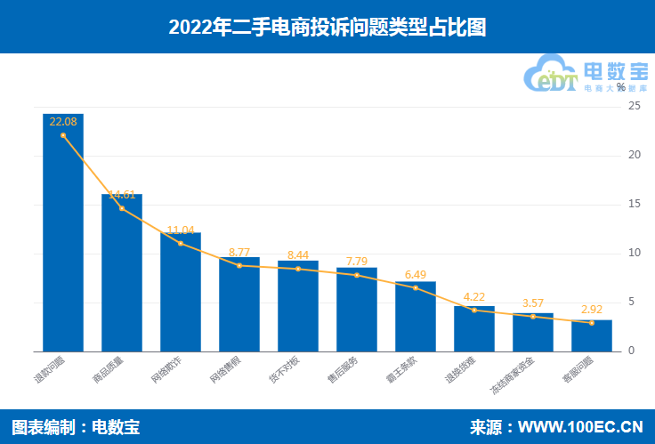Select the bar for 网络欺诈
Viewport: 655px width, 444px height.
(181, 292)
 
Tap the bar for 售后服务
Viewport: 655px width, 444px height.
(357, 309)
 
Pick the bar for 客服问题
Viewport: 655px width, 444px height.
(592, 335)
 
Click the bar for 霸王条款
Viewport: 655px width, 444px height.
(416, 316)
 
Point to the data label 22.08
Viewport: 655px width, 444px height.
(63, 122)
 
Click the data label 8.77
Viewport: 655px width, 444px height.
(239, 252)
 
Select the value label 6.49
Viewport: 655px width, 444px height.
(416, 275)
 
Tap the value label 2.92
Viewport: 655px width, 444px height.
(592, 310)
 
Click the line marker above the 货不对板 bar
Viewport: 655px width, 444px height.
(298, 269)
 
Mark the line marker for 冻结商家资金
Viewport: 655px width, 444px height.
(533, 317)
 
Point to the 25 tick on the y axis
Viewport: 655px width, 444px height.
(634, 106)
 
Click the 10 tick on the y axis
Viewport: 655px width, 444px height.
(634, 254)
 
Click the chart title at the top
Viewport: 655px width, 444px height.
(327, 28)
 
